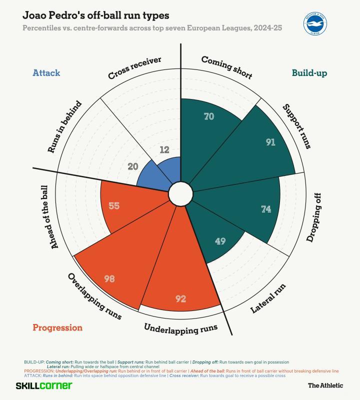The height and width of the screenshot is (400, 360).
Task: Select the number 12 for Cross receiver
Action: coord(165,149)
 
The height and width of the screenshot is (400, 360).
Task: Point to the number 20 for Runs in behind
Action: coord(132,166)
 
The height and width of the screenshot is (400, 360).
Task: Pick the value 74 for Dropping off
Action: coord(266,209)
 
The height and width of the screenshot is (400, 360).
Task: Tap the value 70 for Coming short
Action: coord(209,116)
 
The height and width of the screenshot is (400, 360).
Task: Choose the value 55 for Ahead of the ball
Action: coord(114,205)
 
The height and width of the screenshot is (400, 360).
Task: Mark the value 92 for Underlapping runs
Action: coord(181,299)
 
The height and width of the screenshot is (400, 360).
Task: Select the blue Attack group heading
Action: coord(46,73)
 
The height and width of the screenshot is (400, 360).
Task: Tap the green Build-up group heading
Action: coord(309,73)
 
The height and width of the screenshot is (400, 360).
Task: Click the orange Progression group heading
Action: coord(57,328)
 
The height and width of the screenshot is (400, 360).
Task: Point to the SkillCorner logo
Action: coord(44,385)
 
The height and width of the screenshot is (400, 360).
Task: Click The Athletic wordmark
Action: coord(325,385)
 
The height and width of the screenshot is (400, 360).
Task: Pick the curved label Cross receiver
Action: coord(134,68)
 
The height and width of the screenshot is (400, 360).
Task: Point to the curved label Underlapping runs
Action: coord(181,328)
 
